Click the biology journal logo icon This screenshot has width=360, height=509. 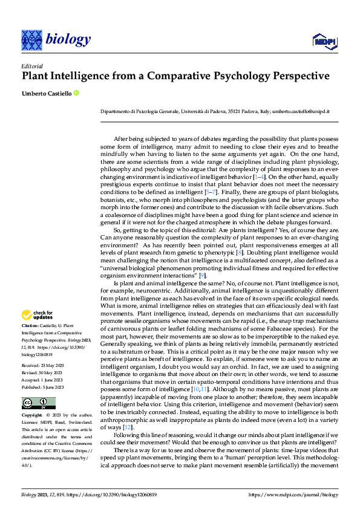[x=31, y=40]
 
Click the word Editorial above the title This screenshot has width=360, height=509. [x=33, y=66]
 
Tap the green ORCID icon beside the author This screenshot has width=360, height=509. [x=76, y=92]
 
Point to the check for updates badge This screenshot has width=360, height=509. [x=38, y=314]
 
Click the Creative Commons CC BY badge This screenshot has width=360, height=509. [x=39, y=403]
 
